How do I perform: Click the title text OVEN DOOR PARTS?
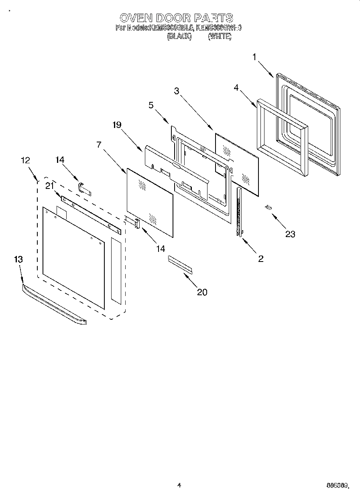pos(177,18)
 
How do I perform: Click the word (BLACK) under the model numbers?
pos(179,36)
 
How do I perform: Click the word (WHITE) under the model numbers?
pos(220,36)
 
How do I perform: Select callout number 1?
pos(254,57)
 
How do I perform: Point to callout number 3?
pos(176,91)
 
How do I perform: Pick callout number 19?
pos(116,125)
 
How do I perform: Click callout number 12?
pos(25,160)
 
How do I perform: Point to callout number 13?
pos(18,260)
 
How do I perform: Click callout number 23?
pos(290,234)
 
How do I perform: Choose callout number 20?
pos(202,292)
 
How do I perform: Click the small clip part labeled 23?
pos(268,207)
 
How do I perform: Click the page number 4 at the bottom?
pos(179,485)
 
